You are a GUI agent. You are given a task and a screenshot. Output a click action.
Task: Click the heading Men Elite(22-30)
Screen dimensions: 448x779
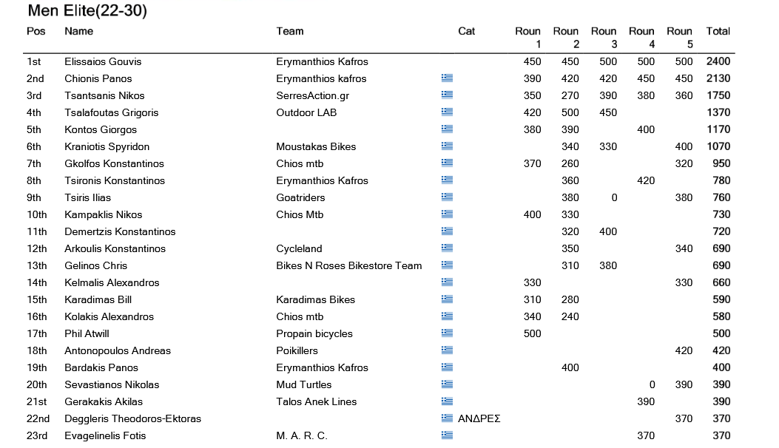click(87, 11)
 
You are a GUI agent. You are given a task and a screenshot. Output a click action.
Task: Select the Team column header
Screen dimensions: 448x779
click(290, 31)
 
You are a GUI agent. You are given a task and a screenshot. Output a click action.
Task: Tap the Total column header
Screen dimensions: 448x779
click(718, 31)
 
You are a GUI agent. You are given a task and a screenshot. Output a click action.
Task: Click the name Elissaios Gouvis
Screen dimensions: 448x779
click(103, 61)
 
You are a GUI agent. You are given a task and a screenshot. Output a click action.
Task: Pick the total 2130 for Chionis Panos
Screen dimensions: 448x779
click(718, 78)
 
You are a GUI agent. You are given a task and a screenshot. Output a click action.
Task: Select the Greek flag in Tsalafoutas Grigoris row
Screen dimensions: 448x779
click(447, 112)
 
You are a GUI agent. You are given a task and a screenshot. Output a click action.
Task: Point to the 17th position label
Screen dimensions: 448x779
click(37, 333)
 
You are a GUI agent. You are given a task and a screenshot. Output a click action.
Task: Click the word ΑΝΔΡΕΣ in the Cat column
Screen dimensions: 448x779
click(479, 418)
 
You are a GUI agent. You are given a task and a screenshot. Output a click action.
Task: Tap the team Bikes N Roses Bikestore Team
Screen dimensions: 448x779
click(348, 265)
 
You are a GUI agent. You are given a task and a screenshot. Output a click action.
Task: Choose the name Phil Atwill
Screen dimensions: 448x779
click(87, 333)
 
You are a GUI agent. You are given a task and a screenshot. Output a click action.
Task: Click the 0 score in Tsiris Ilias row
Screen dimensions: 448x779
click(613, 197)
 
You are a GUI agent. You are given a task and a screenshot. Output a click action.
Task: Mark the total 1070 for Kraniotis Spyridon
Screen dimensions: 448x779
click(718, 146)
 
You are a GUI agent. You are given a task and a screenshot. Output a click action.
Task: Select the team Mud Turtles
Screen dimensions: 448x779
click(303, 384)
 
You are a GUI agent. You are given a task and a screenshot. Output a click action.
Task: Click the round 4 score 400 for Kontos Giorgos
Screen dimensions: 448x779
click(645, 129)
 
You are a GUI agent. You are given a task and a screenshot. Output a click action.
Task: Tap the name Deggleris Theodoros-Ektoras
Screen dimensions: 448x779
click(132, 418)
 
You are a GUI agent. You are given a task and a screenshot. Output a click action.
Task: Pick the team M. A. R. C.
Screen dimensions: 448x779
click(301, 435)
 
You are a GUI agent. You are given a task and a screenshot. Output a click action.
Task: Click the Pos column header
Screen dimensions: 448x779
click(36, 31)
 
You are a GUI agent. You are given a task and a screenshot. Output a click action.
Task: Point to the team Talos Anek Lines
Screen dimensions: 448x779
click(316, 401)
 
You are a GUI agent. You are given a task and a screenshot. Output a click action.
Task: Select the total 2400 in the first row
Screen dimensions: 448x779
click(718, 61)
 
